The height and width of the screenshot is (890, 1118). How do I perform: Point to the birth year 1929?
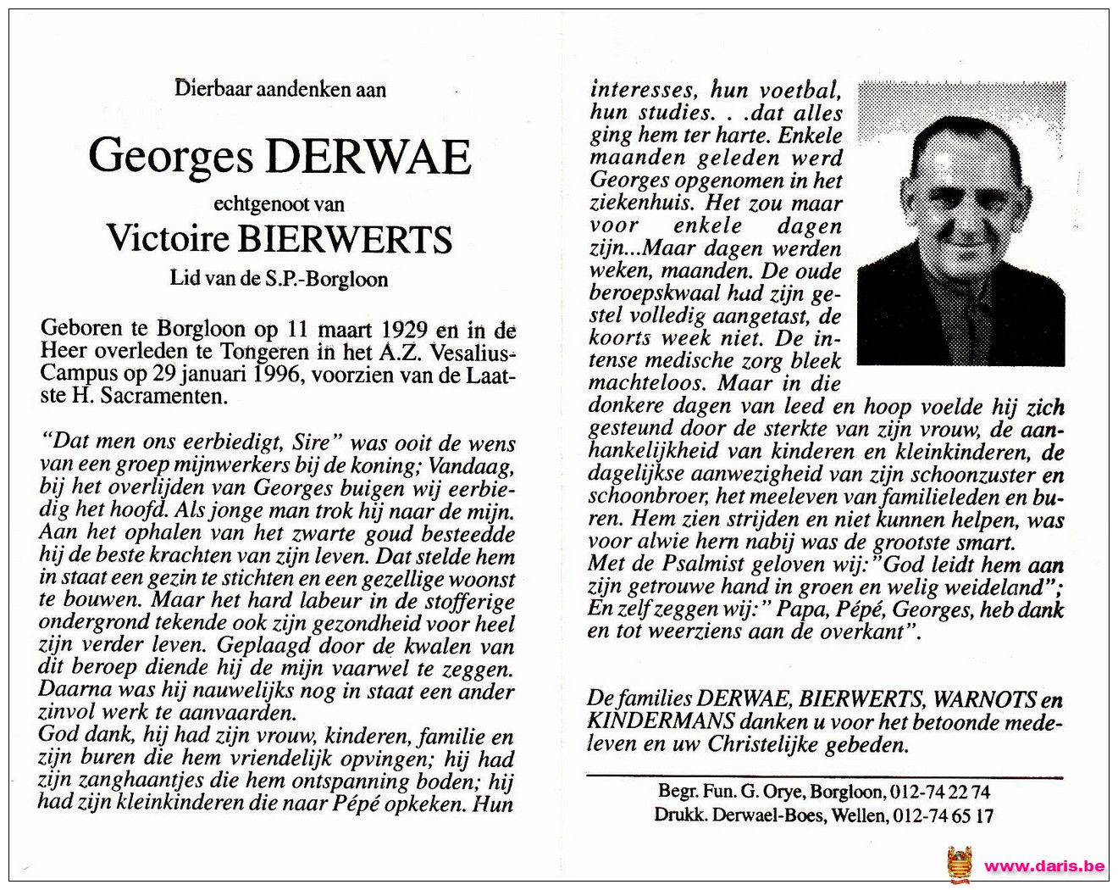[x=404, y=330]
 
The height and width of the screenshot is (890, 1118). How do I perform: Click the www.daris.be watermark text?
[x=1044, y=865]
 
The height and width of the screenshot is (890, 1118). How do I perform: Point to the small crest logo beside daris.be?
[x=960, y=865]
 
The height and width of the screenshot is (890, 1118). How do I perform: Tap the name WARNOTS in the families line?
[x=984, y=699]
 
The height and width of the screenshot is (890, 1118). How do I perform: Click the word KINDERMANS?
[x=660, y=722]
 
